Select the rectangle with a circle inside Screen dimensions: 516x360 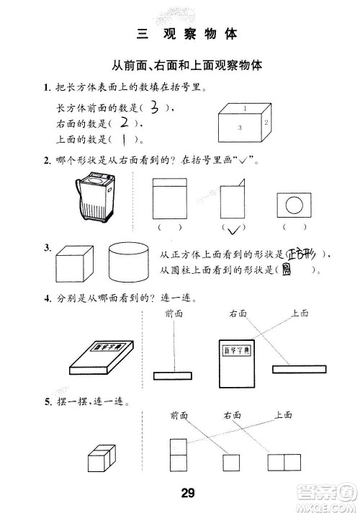[x=294, y=205]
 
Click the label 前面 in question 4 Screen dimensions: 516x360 [x=174, y=313]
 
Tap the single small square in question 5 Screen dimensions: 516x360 [x=232, y=462]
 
